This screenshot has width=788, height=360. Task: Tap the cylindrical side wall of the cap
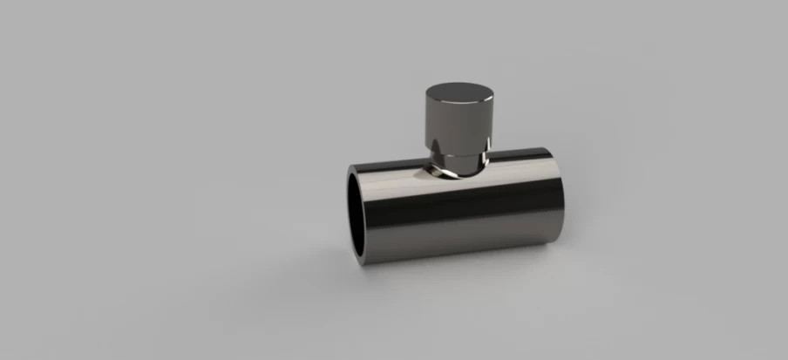(459, 122)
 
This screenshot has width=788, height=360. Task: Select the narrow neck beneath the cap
(459, 161)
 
